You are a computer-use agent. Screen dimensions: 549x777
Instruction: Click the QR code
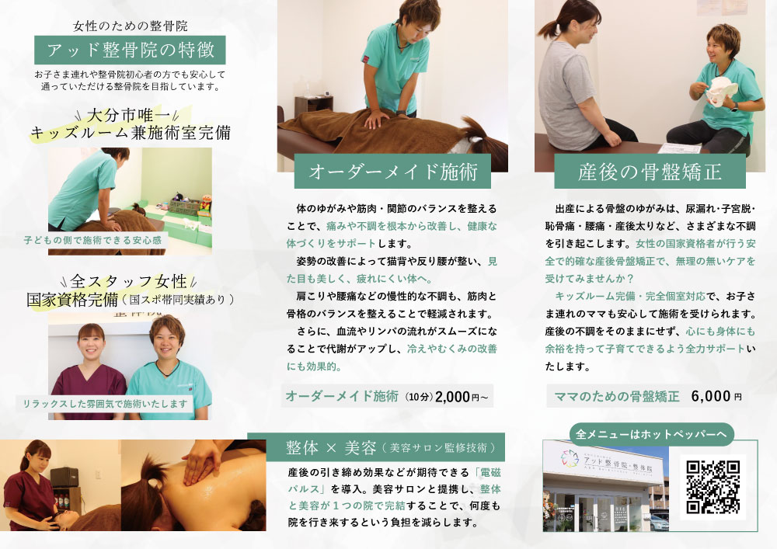[713, 487]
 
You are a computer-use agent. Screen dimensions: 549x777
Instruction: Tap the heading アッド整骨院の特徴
[130, 51]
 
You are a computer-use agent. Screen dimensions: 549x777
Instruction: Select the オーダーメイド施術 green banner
[392, 171]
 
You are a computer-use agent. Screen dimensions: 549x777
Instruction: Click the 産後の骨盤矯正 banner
[649, 171]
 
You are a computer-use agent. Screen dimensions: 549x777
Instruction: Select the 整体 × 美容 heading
[331, 447]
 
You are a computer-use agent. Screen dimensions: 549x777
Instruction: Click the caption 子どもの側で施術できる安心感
[93, 241]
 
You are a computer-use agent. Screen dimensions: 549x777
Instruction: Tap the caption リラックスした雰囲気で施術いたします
[105, 404]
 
